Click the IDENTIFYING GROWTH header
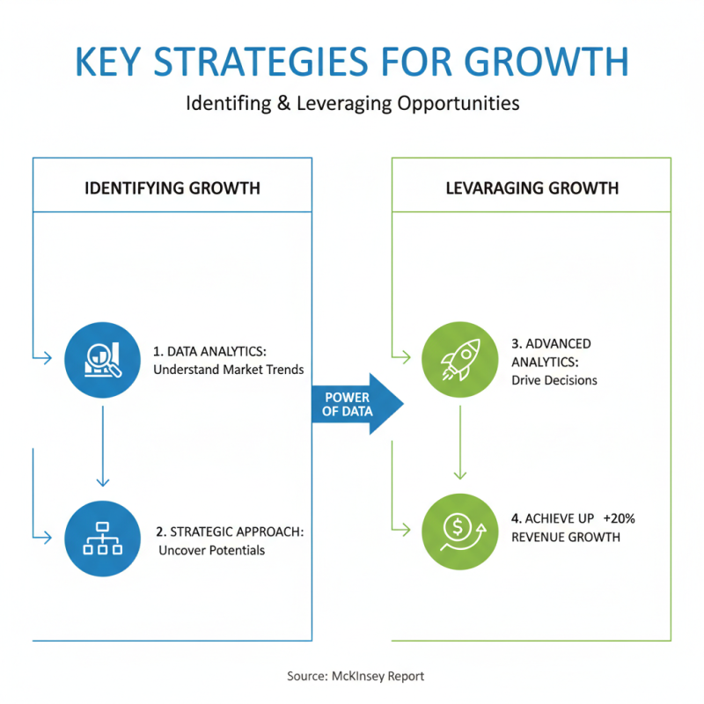(172, 187)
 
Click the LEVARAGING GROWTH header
(531, 187)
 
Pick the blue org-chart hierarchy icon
(103, 539)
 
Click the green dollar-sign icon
(459, 528)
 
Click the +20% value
(619, 518)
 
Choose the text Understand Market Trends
(228, 370)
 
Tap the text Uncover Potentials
(211, 551)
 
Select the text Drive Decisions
(554, 380)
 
